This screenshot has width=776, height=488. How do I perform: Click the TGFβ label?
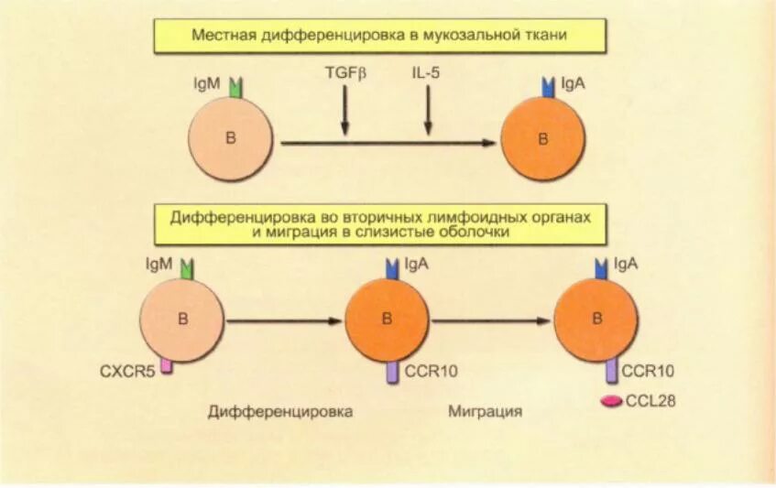[344, 71]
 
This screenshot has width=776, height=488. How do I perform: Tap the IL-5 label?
[425, 71]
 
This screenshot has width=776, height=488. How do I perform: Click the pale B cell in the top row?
[230, 138]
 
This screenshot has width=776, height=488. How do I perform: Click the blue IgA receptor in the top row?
[548, 88]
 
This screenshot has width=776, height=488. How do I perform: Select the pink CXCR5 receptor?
[167, 365]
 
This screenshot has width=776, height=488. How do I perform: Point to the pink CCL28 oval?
[611, 400]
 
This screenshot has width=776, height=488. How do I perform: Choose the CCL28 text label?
[650, 400]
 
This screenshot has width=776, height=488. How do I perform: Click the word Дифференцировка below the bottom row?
[280, 411]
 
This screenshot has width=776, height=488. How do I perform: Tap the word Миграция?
[486, 411]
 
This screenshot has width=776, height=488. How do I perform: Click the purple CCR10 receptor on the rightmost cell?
[610, 370]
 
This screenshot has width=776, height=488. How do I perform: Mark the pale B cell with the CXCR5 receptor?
[181, 320]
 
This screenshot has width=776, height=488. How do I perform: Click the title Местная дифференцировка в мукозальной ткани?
[379, 36]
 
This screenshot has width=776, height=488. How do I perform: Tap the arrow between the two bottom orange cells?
[491, 320]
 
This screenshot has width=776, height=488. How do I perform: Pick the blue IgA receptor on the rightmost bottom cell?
[602, 268]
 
